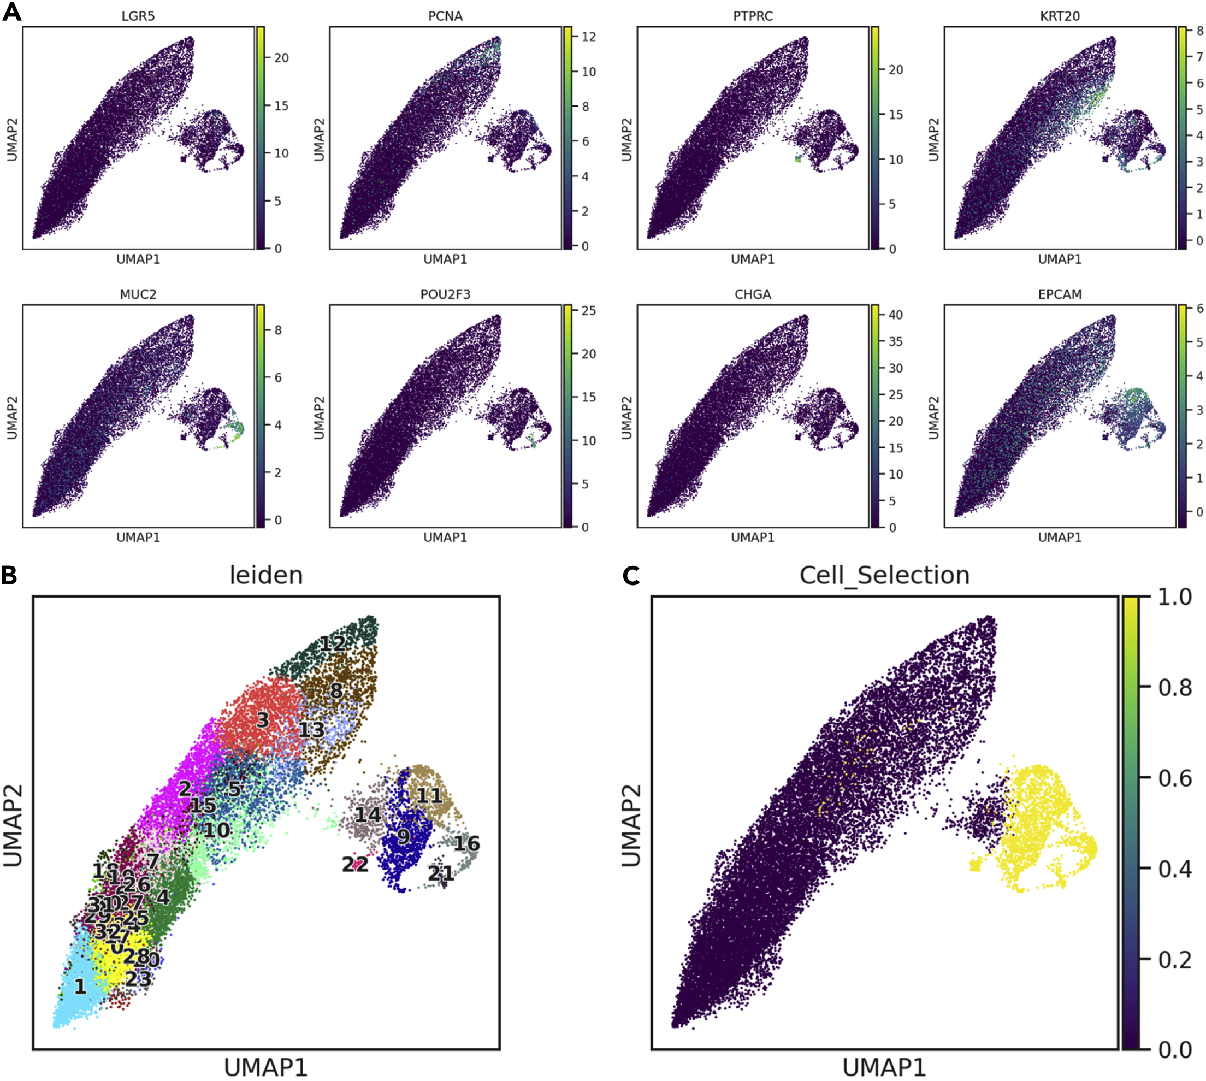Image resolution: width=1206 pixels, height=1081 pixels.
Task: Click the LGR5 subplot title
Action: [138, 16]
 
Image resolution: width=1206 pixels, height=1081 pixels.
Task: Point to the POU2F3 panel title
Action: [445, 294]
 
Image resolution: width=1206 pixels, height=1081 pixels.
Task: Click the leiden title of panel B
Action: [266, 575]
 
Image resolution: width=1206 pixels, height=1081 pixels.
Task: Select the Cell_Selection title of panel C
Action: [884, 575]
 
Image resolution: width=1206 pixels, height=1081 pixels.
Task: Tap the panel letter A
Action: [11, 12]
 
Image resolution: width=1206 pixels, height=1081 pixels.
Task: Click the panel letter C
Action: [631, 575]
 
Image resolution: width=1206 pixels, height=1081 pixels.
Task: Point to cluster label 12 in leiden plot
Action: [333, 644]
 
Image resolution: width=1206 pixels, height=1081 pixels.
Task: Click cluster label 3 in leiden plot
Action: [263, 720]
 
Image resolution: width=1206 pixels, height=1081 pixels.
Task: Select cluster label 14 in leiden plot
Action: [368, 814]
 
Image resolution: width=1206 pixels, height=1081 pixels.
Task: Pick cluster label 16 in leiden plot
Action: [466, 843]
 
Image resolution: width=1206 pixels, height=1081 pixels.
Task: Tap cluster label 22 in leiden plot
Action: [355, 864]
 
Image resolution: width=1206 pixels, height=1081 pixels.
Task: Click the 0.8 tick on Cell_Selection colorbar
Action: [1174, 688]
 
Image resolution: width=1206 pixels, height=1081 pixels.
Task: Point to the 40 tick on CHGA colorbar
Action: [895, 315]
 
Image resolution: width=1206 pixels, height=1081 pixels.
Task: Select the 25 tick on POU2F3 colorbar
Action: [588, 311]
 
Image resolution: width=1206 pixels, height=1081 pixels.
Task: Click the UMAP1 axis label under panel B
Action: [266, 1068]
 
